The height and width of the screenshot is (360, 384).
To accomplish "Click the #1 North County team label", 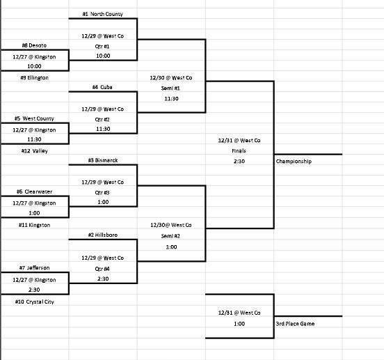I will point(103,13).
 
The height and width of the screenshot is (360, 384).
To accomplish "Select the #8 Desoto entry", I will point(33,45).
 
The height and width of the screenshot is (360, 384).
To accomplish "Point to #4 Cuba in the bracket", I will point(103,88).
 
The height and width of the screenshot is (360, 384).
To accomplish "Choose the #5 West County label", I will point(34,118).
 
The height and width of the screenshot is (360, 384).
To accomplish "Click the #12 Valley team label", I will point(34,150).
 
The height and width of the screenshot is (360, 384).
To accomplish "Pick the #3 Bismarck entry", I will point(103,160).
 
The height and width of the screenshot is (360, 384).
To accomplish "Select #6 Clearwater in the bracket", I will point(33,191).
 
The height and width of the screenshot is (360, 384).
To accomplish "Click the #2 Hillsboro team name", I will point(103,235).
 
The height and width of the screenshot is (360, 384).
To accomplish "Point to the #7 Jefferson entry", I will point(33,267).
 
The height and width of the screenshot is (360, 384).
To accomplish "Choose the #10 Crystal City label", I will point(35,302).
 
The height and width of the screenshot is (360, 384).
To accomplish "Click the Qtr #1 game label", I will point(103,45).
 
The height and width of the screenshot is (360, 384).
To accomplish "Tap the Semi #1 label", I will point(171,88).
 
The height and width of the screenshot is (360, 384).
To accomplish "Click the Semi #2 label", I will point(171,235).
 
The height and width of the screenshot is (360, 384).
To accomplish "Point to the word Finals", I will point(239,150).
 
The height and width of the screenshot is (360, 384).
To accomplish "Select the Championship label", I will point(294,161).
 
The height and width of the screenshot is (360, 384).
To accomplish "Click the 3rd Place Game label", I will point(295,324).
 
